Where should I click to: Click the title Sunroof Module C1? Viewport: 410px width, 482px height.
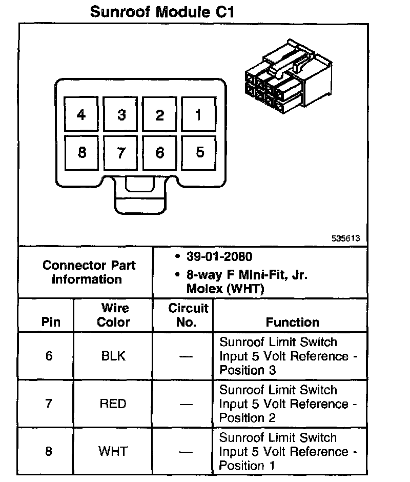162,12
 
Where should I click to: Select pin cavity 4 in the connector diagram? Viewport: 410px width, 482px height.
81,114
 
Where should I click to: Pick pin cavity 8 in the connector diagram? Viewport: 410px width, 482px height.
81,152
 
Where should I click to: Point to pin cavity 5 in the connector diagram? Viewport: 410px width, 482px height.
199,152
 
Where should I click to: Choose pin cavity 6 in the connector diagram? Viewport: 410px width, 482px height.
160,152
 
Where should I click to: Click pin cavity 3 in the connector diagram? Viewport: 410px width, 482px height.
121,114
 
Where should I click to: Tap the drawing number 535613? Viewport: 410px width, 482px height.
345,238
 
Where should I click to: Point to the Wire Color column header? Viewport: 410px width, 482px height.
114,315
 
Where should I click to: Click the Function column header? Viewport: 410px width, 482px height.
292,322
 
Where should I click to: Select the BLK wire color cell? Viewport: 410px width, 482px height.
113,356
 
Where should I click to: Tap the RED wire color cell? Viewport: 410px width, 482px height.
113,404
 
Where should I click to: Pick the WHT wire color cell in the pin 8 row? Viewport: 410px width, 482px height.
113,451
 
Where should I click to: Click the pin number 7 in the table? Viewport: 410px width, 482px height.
49,404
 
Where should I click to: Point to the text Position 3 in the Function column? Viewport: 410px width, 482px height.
248,370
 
